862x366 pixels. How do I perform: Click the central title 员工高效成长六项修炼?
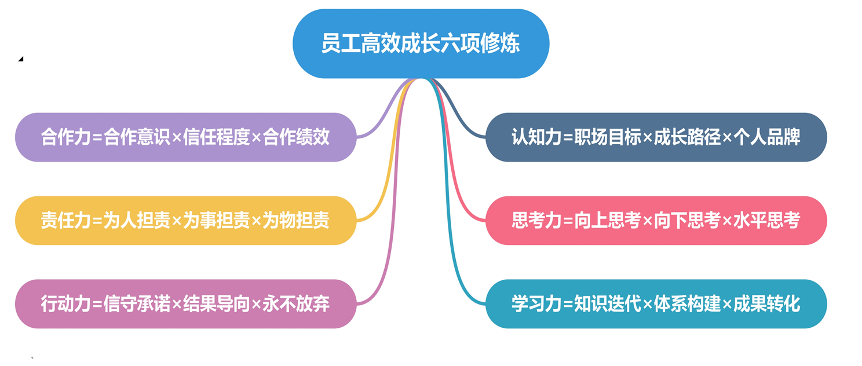click(421, 44)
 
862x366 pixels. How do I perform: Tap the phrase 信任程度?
click(216, 137)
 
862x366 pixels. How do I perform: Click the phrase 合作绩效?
click(296, 137)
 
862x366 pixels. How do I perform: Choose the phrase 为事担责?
click(216, 221)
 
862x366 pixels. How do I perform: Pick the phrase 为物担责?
click(296, 221)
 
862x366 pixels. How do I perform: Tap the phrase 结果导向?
click(216, 304)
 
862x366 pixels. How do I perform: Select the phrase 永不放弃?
click(296, 304)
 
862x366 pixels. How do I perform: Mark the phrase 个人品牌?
click(767, 137)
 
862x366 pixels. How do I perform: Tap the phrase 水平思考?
click(767, 221)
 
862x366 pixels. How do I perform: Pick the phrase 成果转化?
click(767, 304)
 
